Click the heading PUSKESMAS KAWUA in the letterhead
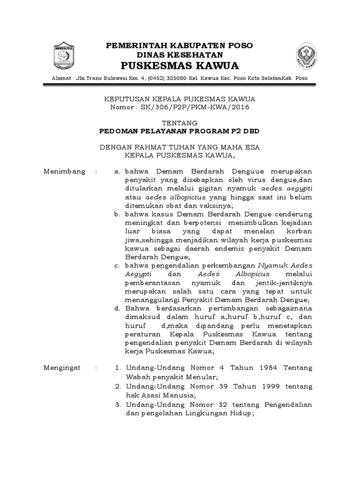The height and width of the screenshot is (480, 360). point(180,65)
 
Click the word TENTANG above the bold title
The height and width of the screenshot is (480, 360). point(180,123)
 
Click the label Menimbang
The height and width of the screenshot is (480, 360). point(64,172)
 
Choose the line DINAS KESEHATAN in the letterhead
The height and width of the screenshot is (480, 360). point(180,54)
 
